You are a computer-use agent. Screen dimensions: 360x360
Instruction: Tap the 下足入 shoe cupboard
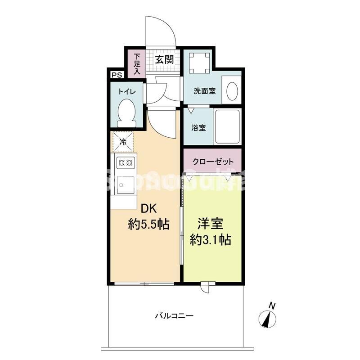136,64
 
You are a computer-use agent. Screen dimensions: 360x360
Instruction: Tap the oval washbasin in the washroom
232,90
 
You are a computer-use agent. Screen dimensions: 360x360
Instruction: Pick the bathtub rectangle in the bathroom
227,126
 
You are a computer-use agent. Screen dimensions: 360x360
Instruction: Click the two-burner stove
124,162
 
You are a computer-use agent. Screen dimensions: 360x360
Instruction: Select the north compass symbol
269,318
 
